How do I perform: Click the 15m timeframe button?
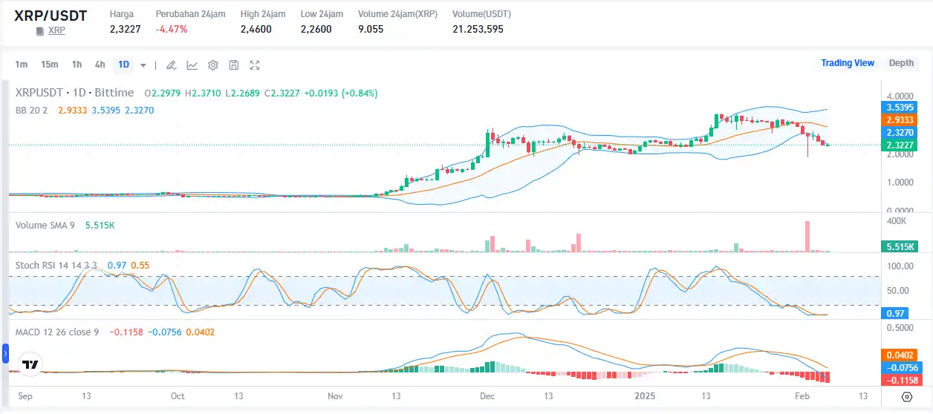(50, 65)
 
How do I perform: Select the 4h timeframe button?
(100, 65)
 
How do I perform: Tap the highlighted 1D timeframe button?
(123, 65)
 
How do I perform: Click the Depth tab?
(901, 63)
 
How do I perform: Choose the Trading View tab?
(847, 63)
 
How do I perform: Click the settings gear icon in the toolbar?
(213, 65)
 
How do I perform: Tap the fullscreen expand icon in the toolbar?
(255, 65)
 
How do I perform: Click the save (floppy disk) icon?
(234, 65)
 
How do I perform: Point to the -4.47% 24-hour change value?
(171, 30)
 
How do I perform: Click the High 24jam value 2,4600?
(256, 30)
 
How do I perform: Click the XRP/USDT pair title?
(50, 15)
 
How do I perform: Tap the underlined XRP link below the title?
(56, 30)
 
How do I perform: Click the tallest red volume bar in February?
(807, 237)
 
